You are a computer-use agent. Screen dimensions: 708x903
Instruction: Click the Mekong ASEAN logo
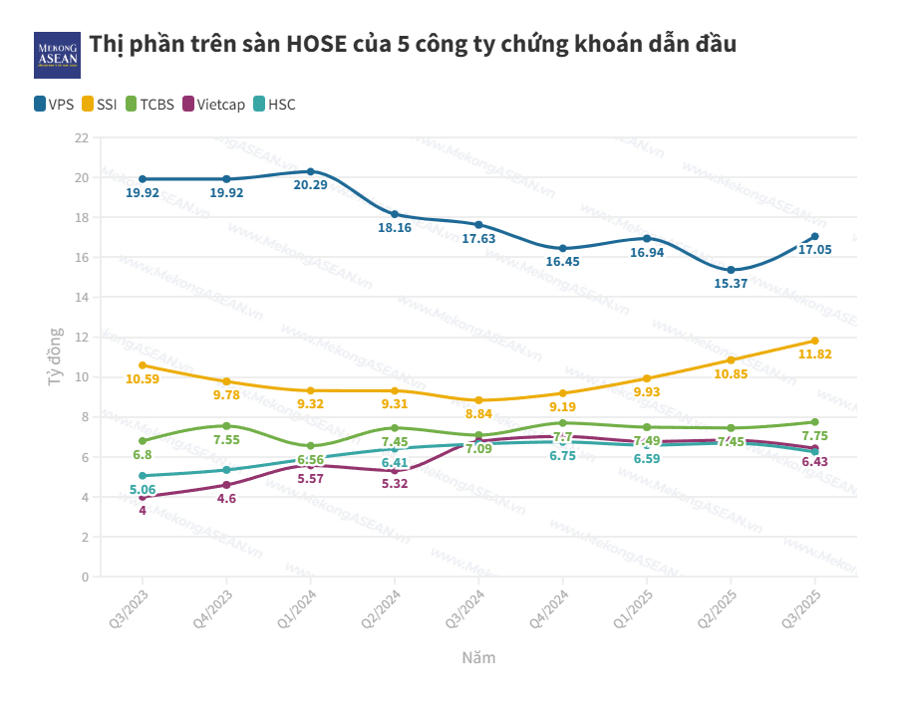[x=57, y=55]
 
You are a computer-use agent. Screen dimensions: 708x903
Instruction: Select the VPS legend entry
[x=54, y=105]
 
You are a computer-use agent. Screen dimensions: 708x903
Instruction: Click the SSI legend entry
[x=99, y=105]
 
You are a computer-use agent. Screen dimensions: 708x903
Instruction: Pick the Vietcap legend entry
[x=211, y=105]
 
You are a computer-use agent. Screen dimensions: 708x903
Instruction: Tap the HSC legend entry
[x=275, y=105]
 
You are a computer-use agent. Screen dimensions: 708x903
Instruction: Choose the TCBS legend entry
[x=150, y=105]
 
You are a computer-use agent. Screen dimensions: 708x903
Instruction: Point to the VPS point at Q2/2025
[x=731, y=270]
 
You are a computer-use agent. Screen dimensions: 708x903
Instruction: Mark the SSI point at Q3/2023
[x=143, y=365]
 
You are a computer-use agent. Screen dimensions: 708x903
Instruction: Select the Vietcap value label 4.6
[x=226, y=499]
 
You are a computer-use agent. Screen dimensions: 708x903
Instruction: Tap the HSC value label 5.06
[x=142, y=490]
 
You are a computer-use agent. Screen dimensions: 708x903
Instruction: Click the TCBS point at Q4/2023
[x=226, y=426]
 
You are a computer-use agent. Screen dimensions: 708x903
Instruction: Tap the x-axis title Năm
[x=478, y=658]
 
